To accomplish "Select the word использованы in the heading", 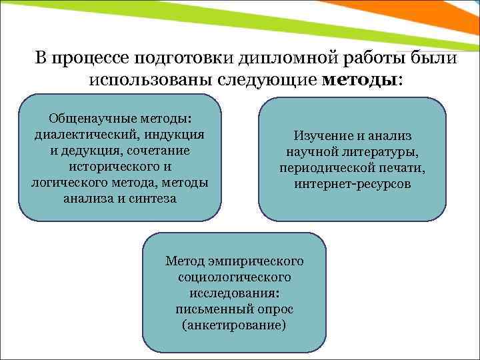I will tap(150, 81).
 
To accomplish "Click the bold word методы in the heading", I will tap(359, 81).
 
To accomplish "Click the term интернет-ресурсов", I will tap(353, 184).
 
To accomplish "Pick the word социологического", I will tap(234, 277).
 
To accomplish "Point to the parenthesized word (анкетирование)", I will tap(234, 325).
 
